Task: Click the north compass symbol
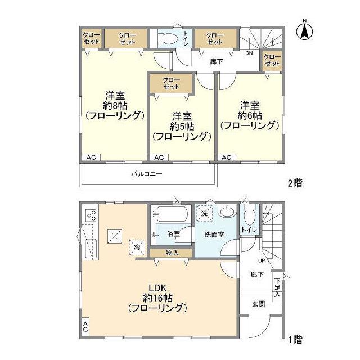304,31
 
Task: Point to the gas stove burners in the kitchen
91,215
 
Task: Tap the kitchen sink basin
91,249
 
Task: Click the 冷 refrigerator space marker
137,247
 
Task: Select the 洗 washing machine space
204,213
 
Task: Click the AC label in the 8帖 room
91,157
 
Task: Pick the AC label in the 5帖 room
159,157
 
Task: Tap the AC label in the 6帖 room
227,157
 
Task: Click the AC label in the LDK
85,327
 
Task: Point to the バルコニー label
147,174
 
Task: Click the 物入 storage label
172,253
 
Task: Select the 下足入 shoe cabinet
277,287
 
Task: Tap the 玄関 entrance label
259,304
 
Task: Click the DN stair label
249,53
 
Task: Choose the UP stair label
262,260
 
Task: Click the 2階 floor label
295,183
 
